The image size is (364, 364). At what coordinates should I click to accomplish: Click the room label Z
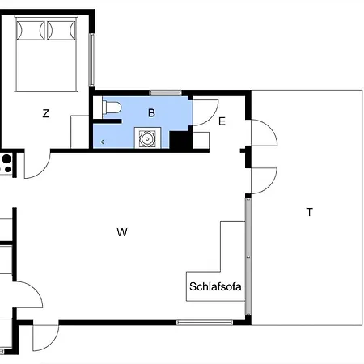coord(45,114)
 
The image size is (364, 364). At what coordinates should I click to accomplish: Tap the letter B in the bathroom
coord(151,112)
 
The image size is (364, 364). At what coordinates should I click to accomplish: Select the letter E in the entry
coord(222,121)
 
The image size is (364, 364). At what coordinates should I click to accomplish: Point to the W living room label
coord(122,233)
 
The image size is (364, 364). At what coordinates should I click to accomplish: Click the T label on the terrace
coord(309,213)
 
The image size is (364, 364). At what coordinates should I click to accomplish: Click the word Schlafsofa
coord(215,286)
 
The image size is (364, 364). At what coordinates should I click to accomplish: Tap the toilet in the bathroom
coord(112,107)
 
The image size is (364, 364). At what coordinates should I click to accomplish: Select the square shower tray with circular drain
coord(149,139)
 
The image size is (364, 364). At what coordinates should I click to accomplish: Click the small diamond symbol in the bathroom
coord(103,141)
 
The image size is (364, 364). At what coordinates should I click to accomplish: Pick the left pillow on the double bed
coord(31,30)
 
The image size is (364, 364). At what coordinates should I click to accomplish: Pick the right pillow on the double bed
coord(61,30)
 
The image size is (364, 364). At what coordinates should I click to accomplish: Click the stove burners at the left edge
coord(5,164)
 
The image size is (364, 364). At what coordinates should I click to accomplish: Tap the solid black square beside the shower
coord(180,140)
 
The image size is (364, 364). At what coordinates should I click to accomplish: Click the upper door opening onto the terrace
coord(262,133)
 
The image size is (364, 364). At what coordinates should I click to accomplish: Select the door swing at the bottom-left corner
coord(44,337)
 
